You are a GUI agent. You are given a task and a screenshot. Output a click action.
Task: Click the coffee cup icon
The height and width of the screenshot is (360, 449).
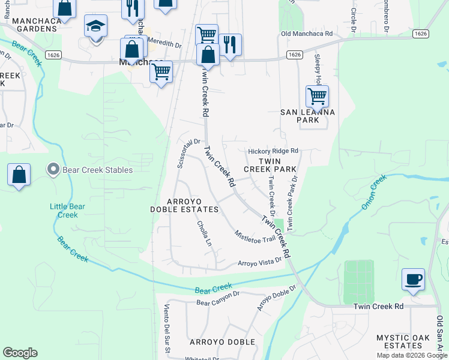click(413, 280)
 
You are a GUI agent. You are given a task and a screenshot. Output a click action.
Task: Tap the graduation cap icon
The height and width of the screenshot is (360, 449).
click(95, 27)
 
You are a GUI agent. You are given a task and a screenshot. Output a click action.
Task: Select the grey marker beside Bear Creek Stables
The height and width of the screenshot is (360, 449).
click(53, 170)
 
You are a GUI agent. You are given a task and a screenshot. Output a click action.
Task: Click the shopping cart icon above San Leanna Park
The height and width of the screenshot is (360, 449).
click(316, 96)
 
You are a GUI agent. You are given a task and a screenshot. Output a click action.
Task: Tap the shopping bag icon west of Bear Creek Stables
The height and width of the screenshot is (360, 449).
click(19, 175)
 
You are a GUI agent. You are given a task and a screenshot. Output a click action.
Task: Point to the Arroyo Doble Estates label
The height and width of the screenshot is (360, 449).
click(184, 205)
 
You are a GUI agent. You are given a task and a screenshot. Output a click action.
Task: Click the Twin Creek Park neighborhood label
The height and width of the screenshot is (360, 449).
click(270, 165)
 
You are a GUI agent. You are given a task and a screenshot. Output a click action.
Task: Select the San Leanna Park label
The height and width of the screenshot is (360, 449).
click(308, 116)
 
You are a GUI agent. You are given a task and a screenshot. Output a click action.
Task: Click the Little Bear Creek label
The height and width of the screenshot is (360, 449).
click(67, 211)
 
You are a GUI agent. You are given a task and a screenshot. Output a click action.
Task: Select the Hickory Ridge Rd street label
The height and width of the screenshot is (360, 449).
click(273, 151)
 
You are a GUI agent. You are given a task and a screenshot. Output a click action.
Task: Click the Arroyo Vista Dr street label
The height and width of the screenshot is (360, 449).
click(260, 262)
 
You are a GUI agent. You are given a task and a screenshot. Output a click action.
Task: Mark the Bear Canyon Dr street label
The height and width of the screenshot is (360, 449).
click(218, 302)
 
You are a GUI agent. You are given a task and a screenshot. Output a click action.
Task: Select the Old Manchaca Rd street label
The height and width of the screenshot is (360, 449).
click(307, 34)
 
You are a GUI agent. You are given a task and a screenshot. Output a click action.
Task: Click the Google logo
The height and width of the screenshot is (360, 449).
click(20, 353)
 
